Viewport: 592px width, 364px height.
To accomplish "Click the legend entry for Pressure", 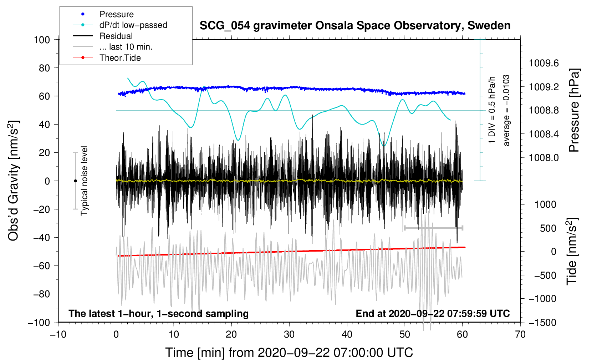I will point(116,14).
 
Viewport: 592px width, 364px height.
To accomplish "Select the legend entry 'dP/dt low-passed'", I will point(133,25).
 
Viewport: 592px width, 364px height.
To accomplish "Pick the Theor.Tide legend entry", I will point(120,58).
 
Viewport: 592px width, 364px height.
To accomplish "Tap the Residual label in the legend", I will point(116,36).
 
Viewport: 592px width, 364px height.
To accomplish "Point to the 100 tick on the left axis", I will point(42,40).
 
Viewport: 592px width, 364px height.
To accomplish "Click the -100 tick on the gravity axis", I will point(39,322).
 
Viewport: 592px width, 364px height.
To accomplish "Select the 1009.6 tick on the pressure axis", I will point(544,63).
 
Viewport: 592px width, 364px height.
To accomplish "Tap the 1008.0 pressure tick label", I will point(544,157).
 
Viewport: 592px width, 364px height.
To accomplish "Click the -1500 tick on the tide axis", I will point(542,322).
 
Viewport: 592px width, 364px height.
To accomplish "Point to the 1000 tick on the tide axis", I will point(545,204).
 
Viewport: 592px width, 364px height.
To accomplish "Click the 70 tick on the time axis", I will point(520,334).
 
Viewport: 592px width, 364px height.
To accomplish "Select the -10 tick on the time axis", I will point(58,334).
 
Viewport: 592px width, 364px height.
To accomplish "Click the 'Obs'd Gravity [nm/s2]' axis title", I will point(13,181).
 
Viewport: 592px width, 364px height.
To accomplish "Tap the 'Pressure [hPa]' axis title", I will point(574,110).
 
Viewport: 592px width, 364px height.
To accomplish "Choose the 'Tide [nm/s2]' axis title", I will point(572,252).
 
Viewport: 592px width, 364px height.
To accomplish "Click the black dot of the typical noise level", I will point(75,181).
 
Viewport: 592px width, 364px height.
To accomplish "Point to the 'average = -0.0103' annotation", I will point(506,110).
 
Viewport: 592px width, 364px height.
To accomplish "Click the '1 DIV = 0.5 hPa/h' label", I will point(492,110).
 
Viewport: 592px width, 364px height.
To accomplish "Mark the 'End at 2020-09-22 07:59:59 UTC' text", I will point(433,313).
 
